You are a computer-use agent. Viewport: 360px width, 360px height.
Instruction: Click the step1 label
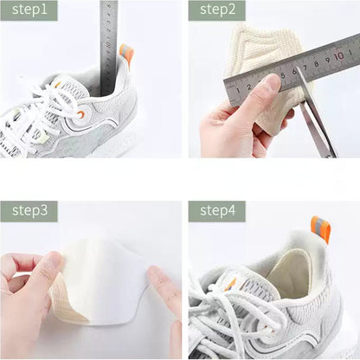click(29, 10)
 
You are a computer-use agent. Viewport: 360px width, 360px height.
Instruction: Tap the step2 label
click(216, 10)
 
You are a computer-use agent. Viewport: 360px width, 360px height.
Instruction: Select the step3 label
click(29, 211)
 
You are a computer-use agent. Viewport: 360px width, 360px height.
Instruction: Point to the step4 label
click(216, 211)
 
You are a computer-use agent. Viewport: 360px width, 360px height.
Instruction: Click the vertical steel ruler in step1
click(108, 43)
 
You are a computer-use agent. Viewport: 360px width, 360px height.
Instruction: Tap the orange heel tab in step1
click(126, 54)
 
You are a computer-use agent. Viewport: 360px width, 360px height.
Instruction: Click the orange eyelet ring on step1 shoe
click(80, 113)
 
